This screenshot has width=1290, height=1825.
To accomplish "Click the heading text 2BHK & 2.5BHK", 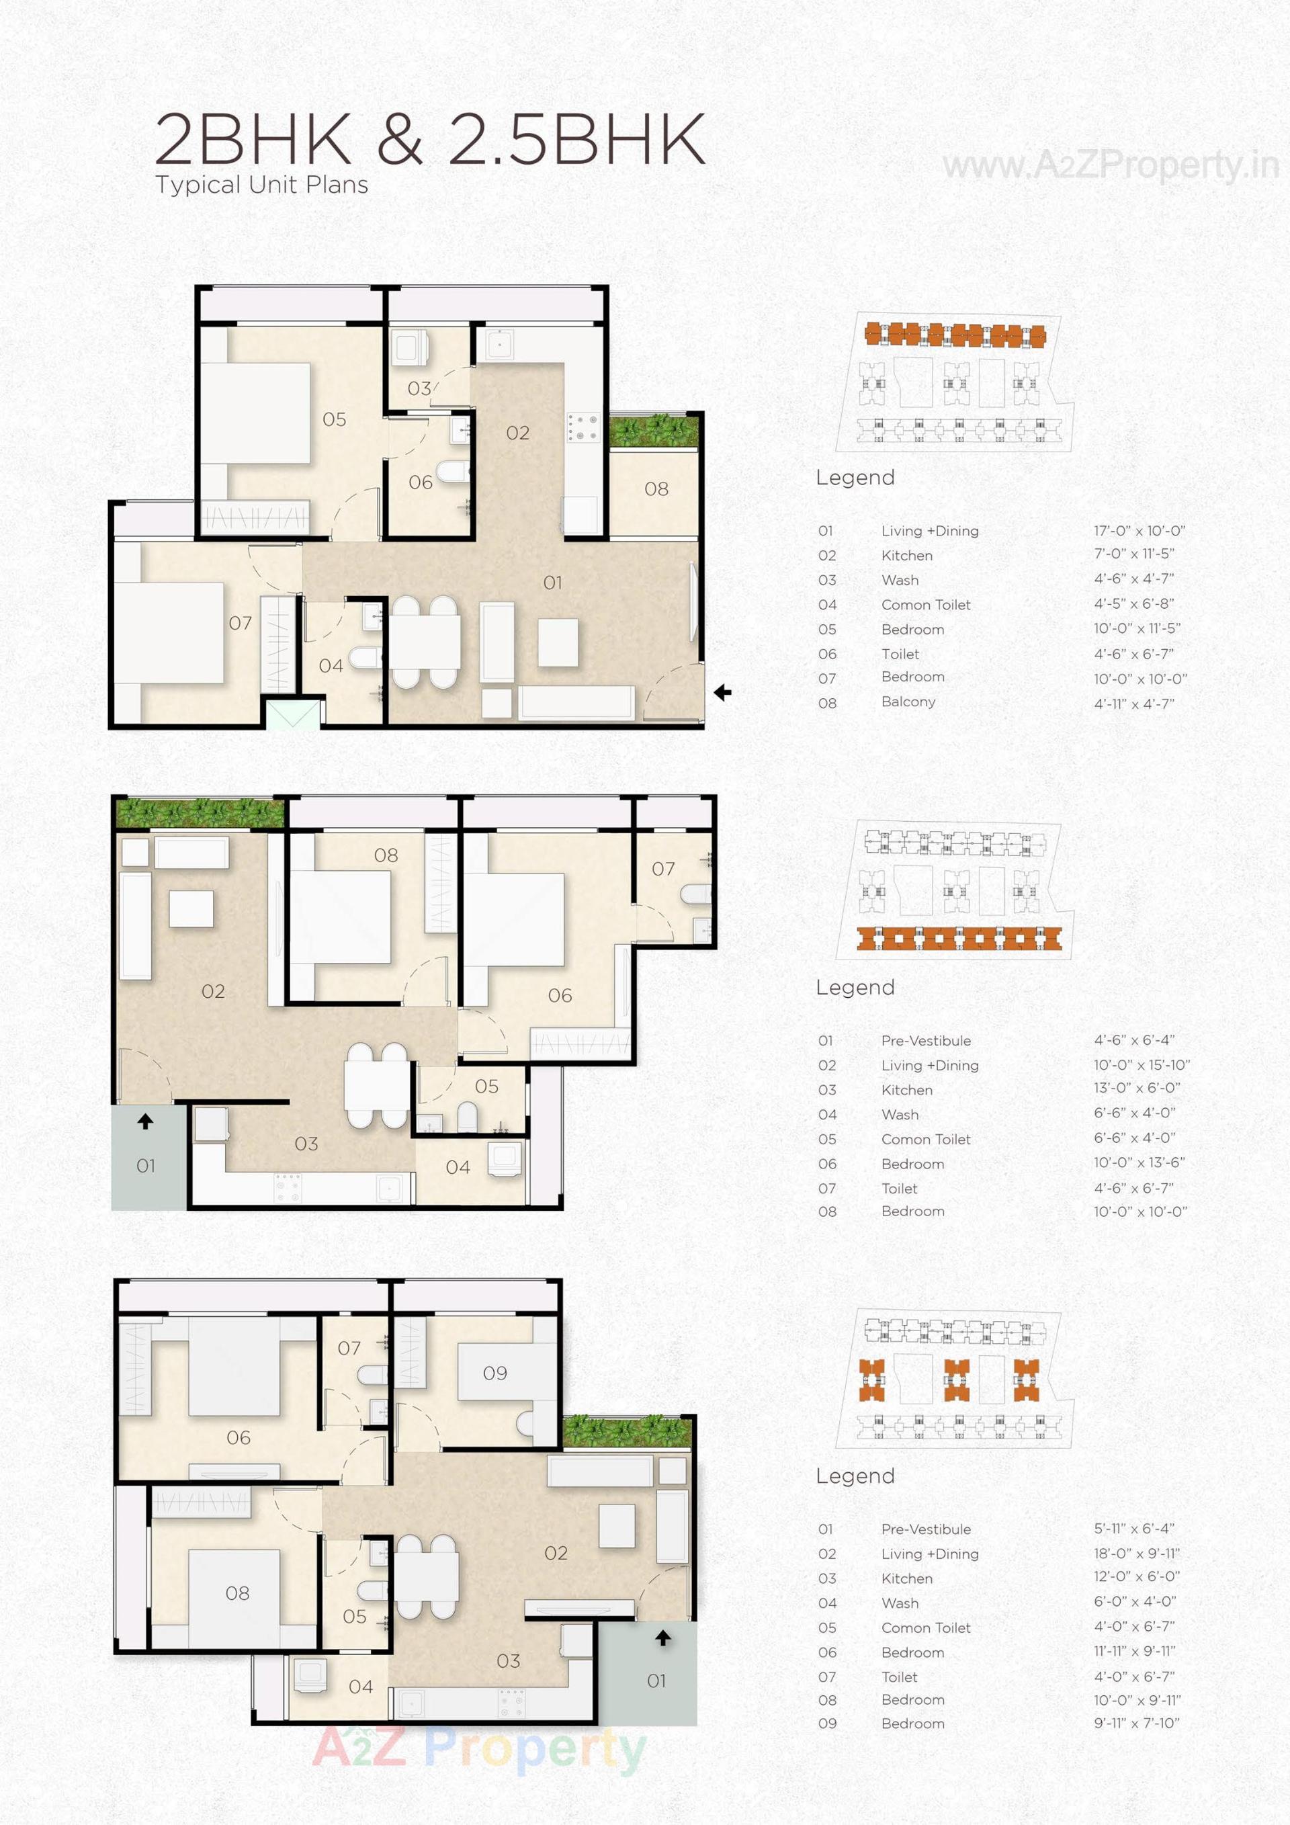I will pyautogui.click(x=429, y=139).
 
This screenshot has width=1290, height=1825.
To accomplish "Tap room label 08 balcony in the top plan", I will pyautogui.click(x=656, y=489).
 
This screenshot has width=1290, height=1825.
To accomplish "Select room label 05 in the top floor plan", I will pyautogui.click(x=334, y=419).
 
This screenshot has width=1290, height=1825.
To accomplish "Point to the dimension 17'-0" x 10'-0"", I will pyautogui.click(x=1139, y=530).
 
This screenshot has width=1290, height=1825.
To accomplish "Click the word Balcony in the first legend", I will pyautogui.click(x=908, y=702).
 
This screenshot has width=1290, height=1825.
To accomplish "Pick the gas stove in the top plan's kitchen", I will pyautogui.click(x=583, y=427).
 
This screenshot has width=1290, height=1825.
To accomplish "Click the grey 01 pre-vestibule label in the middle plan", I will pyautogui.click(x=145, y=1165).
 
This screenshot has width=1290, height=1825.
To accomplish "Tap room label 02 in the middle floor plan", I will pyautogui.click(x=213, y=991).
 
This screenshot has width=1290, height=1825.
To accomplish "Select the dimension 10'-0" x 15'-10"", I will pyautogui.click(x=1142, y=1064).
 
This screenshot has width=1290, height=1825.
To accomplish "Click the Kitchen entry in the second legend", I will pyautogui.click(x=906, y=1090).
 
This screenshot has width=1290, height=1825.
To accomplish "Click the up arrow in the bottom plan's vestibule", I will pyautogui.click(x=663, y=1638).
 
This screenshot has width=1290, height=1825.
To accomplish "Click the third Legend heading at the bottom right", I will pyautogui.click(x=855, y=1476).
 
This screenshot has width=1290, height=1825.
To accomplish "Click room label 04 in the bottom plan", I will pyautogui.click(x=360, y=1686).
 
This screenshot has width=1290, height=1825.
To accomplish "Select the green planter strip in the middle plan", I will pyautogui.click(x=200, y=813).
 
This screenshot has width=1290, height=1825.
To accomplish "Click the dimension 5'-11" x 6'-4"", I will pyautogui.click(x=1133, y=1528).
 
